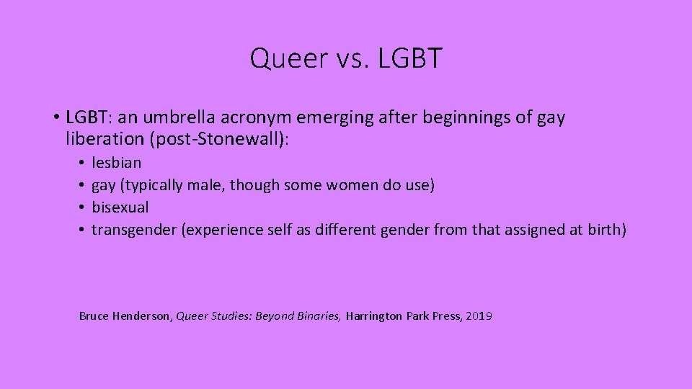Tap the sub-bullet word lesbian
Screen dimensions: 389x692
(116, 163)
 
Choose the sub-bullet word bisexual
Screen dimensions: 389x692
(120, 207)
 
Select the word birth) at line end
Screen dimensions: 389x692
(607, 230)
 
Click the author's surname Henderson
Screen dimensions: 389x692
(142, 316)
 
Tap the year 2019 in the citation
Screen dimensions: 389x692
(479, 316)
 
